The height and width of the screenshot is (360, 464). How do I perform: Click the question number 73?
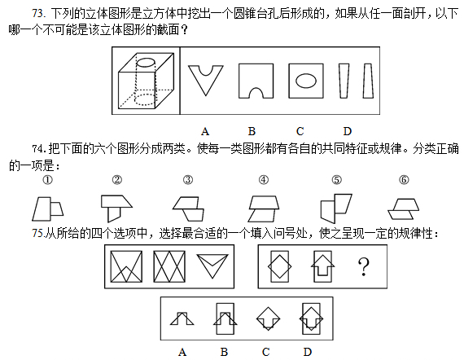[38, 13]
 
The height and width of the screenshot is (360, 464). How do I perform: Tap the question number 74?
[39, 148]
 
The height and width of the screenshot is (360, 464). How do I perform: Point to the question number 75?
[38, 233]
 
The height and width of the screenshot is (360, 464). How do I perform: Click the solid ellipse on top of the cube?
[146, 63]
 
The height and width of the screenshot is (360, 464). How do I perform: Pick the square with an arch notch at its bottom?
[256, 81]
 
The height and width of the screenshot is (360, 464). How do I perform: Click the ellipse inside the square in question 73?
[306, 81]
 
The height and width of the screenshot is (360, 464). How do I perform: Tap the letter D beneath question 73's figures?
[348, 131]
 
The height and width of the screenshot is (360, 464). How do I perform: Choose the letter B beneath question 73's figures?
[252, 131]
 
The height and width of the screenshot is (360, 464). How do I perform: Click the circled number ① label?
[48, 180]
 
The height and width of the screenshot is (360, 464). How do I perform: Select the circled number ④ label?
[264, 180]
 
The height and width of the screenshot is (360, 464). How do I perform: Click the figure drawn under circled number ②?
[116, 209]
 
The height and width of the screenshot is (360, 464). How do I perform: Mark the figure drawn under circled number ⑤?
[336, 209]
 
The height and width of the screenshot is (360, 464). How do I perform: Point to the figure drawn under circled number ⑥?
[403, 209]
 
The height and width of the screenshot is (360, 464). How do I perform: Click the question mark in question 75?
[364, 267]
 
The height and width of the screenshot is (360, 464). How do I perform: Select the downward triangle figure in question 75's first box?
[212, 266]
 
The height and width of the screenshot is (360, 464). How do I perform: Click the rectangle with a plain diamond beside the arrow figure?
[280, 266]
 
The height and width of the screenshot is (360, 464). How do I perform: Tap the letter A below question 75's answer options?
[182, 352]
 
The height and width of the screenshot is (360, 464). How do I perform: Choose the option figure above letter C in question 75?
[268, 318]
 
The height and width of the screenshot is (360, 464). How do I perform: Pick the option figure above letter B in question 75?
[225, 318]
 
